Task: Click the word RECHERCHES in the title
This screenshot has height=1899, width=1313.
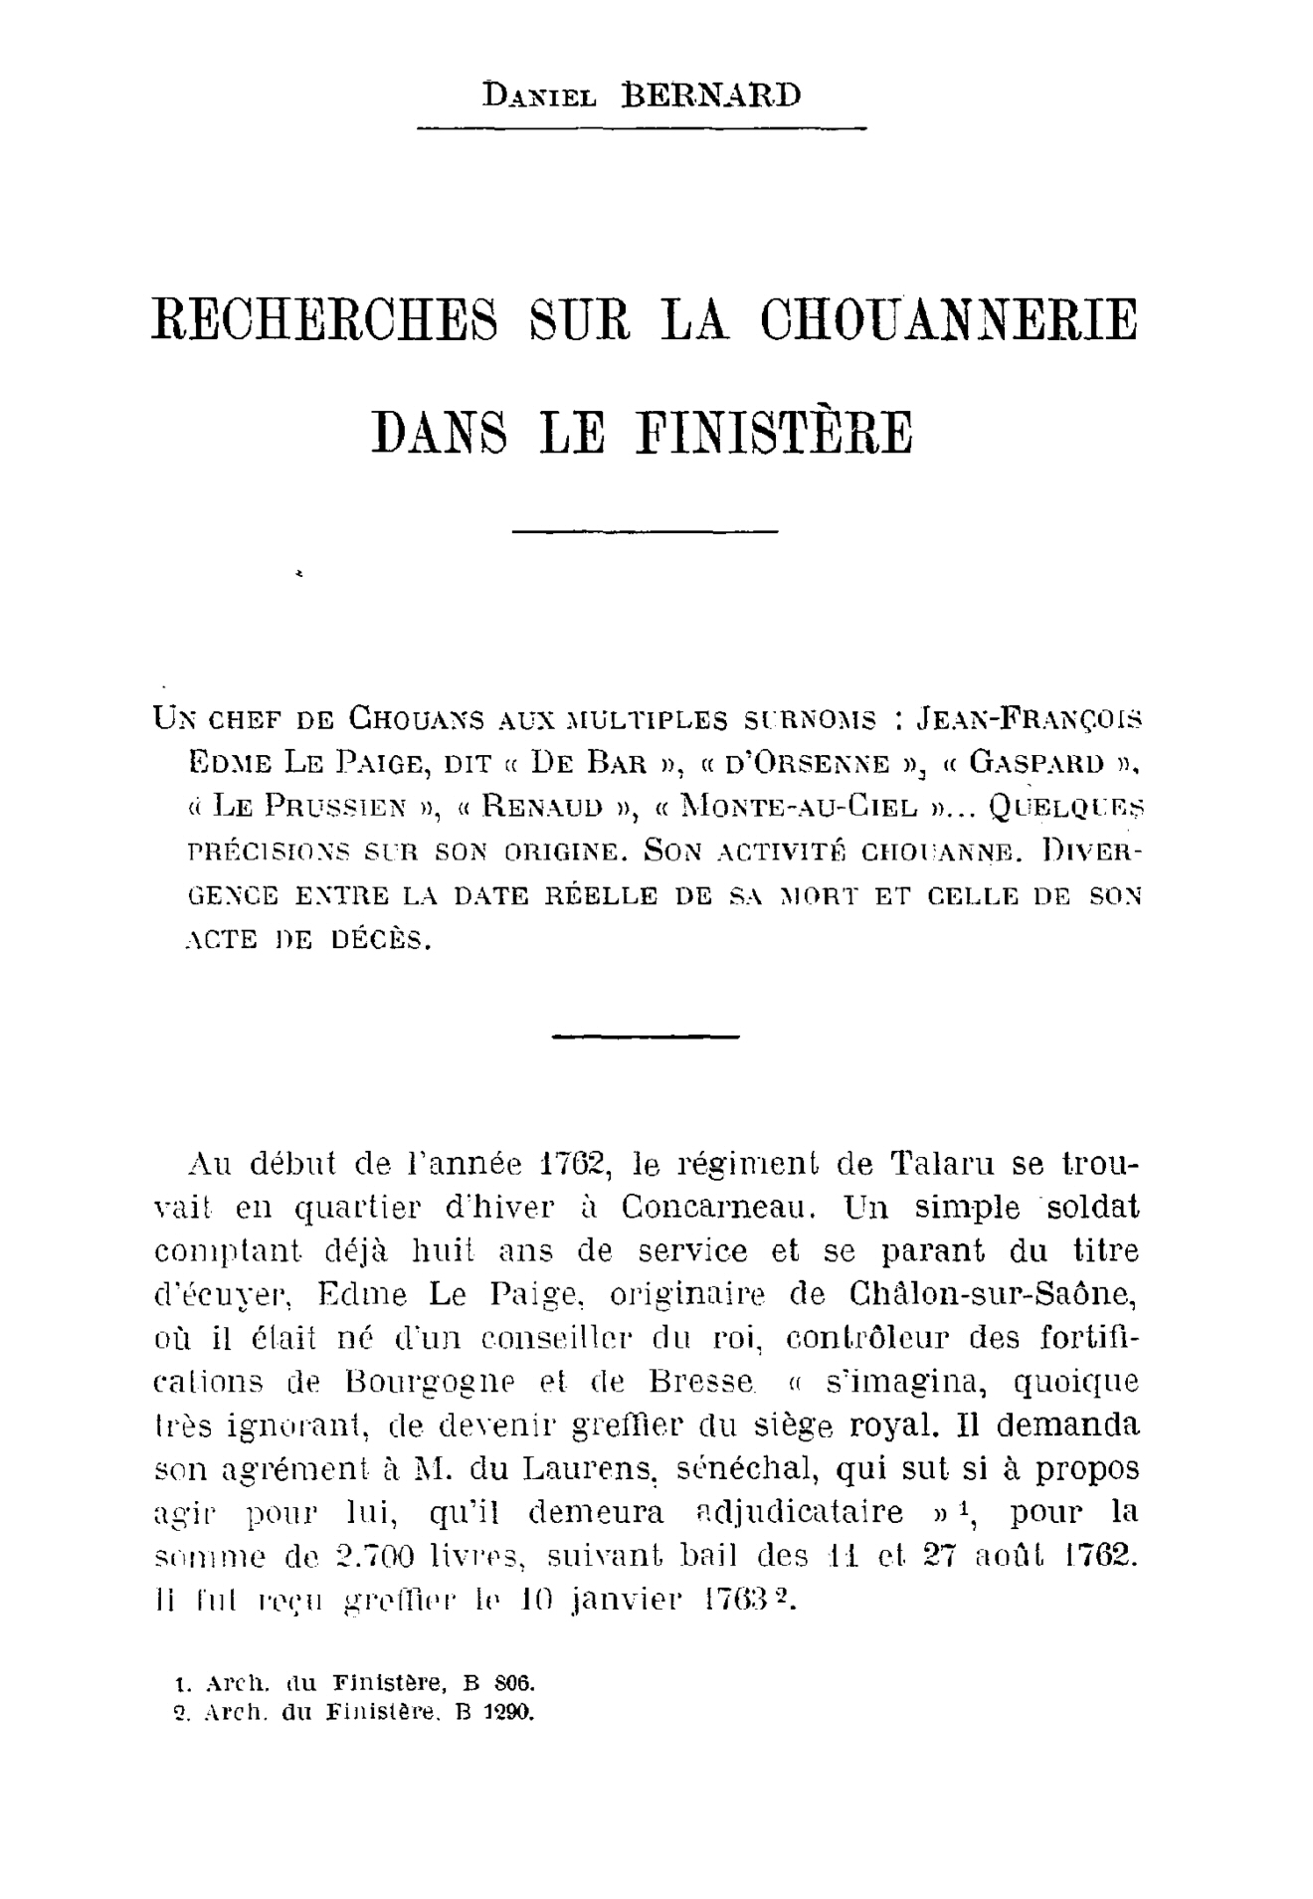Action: pyautogui.click(x=324, y=318)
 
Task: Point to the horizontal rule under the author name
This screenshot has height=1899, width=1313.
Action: pyautogui.click(x=642, y=128)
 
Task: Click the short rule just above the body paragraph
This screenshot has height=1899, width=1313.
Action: pyautogui.click(x=645, y=1038)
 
